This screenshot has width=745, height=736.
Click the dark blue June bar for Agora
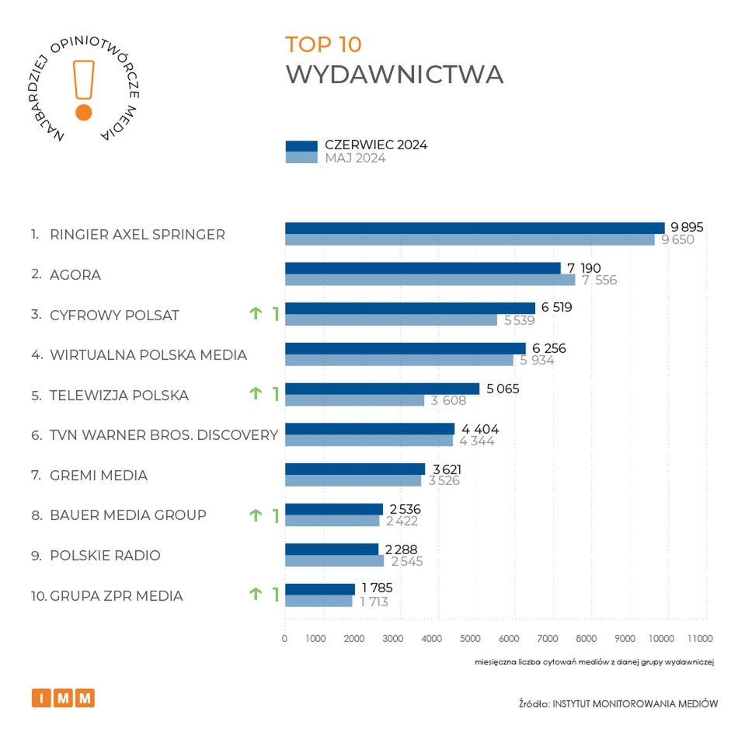click(x=423, y=268)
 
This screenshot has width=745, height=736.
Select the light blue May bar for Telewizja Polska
click(x=354, y=400)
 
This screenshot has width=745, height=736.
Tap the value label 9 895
click(x=687, y=227)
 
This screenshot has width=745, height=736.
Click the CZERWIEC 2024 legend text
click(x=376, y=145)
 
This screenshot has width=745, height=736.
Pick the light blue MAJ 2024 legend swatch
click(x=301, y=158)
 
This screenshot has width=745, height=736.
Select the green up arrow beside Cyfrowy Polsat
click(x=255, y=314)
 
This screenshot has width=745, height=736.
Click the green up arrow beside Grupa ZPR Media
click(x=255, y=595)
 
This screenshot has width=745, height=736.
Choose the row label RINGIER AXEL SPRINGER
click(x=138, y=235)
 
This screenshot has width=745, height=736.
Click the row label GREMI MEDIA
click(x=99, y=475)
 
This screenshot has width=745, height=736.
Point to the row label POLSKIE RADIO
click(x=105, y=556)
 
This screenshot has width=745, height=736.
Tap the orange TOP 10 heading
click(x=323, y=44)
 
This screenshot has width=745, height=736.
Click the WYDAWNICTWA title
click(x=395, y=75)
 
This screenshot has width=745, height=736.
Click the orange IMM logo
click(x=63, y=698)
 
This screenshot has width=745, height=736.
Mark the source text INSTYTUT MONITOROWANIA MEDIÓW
click(x=635, y=703)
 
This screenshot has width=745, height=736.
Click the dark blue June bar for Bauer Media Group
click(x=334, y=509)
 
